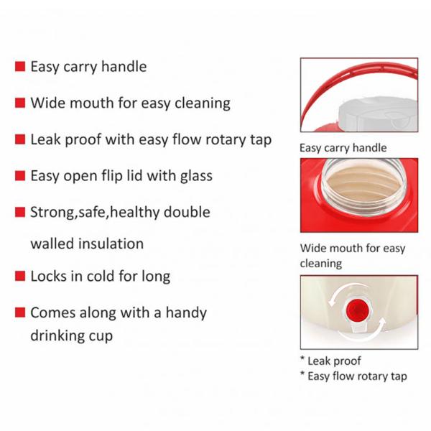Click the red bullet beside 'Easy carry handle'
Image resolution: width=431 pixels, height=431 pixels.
point(20,67)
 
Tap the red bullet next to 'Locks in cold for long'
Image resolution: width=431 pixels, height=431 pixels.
point(20,276)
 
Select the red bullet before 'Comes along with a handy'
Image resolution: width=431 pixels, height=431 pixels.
point(20,312)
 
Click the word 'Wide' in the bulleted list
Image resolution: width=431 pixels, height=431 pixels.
point(45,103)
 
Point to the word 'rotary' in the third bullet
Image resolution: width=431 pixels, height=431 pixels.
point(225,139)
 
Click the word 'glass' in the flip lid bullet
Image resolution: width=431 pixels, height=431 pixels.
point(196,176)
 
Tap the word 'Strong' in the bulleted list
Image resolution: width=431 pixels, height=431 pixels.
point(52,213)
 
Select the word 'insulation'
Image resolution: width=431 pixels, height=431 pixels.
point(109,244)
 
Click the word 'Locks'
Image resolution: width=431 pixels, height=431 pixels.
point(48,276)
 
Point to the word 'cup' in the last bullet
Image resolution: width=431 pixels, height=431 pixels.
point(101,337)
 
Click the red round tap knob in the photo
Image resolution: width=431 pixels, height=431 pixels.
point(356,310)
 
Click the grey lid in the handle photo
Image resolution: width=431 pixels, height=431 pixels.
point(378,113)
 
